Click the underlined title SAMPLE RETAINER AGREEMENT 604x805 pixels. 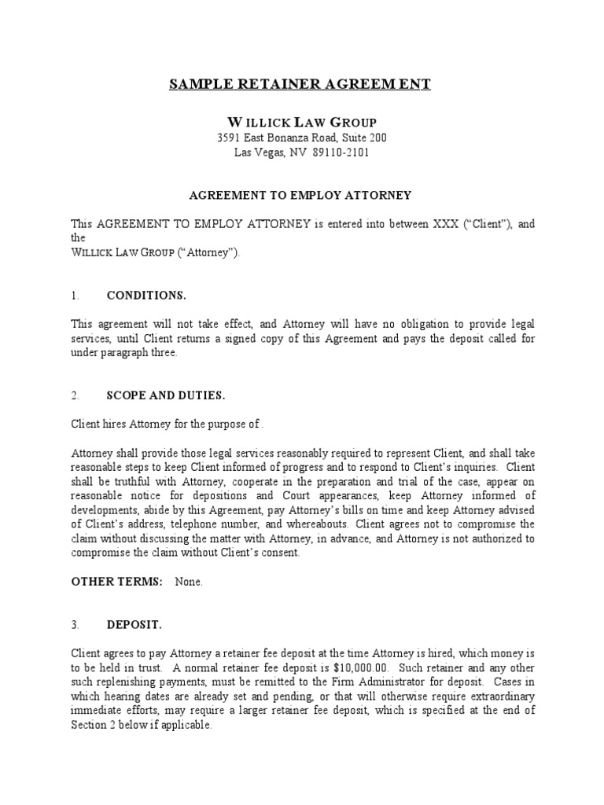(x=300, y=85)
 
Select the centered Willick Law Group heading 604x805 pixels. (x=301, y=122)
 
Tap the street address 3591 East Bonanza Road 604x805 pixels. (x=273, y=138)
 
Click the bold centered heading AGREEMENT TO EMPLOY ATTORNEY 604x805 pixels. (x=301, y=194)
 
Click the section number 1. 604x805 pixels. (x=75, y=296)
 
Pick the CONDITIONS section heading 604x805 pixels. (x=146, y=296)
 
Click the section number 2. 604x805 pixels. (x=75, y=395)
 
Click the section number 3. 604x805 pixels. (x=75, y=624)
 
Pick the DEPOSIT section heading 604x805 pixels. (x=134, y=624)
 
